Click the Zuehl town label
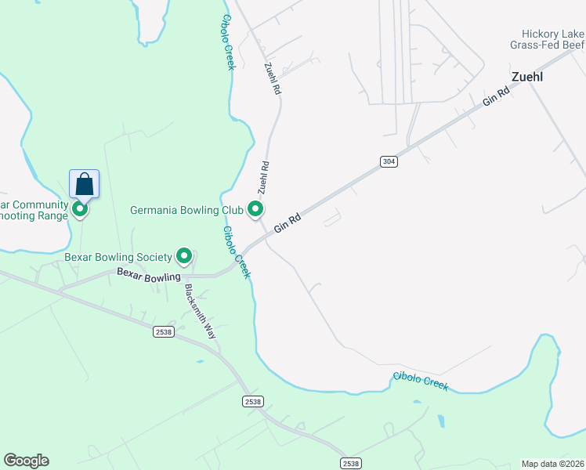527,78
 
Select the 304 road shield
389,161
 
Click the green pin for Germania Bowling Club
255,209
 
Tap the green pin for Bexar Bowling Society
184,256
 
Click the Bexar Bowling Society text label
118,257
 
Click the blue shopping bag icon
85,185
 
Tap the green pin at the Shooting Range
79,209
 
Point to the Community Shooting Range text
35,211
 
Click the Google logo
26,461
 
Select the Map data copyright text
553,464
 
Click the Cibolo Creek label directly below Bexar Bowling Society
237,252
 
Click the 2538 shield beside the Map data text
351,464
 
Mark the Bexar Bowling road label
149,274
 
